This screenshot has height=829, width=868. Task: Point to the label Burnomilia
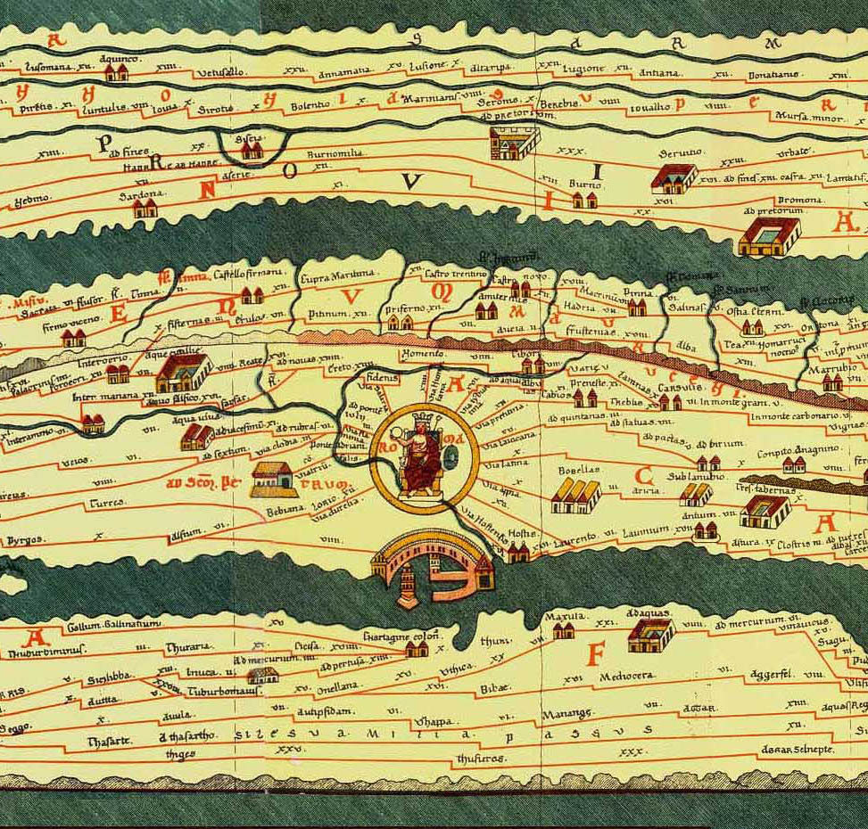334,154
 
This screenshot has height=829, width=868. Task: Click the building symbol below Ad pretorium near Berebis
514,141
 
